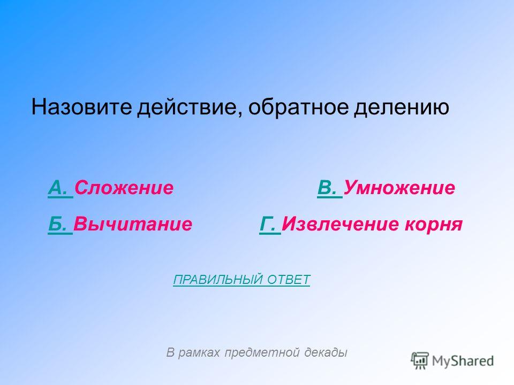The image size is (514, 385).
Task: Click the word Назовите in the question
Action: point(81,107)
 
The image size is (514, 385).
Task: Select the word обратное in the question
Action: point(298,107)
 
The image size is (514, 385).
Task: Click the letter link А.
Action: point(61,188)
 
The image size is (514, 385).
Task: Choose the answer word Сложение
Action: point(124,188)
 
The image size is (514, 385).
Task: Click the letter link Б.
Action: point(60,224)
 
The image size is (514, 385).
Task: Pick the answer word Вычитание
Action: point(133,224)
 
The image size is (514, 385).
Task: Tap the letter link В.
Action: point(330,188)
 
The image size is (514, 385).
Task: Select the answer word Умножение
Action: point(399,188)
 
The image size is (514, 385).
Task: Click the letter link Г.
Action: point(270,224)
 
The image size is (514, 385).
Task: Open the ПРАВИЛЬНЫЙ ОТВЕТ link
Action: point(241,280)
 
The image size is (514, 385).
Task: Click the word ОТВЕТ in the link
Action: point(289,280)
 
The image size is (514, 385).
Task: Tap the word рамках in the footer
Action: point(199,352)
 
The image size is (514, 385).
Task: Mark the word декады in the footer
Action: point(326,352)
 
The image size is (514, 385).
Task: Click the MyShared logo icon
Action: point(420,361)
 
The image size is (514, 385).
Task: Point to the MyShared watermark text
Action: point(463,361)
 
